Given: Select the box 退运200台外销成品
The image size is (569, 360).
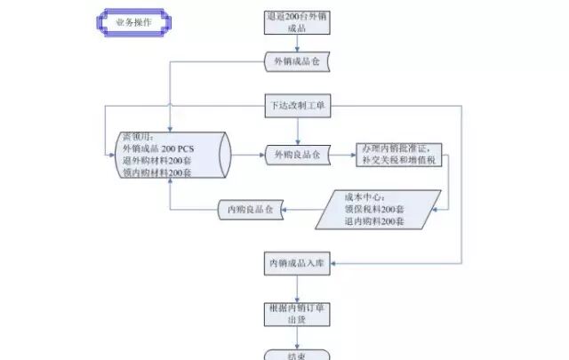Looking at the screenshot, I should point(297,21).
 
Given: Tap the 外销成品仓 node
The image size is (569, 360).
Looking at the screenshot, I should point(297,61).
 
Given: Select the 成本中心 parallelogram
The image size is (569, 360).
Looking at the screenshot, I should point(387,208).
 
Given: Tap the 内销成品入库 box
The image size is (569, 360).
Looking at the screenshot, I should point(297,263).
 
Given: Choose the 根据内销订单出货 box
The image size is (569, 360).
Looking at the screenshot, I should point(297,312).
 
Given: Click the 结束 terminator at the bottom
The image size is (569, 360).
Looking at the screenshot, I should point(297,355).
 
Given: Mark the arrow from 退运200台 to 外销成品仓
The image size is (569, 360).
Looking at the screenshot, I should point(297,44).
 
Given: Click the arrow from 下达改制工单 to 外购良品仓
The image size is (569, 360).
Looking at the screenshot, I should point(297,131).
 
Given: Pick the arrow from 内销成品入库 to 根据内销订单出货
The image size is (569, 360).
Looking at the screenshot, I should point(297,286).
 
